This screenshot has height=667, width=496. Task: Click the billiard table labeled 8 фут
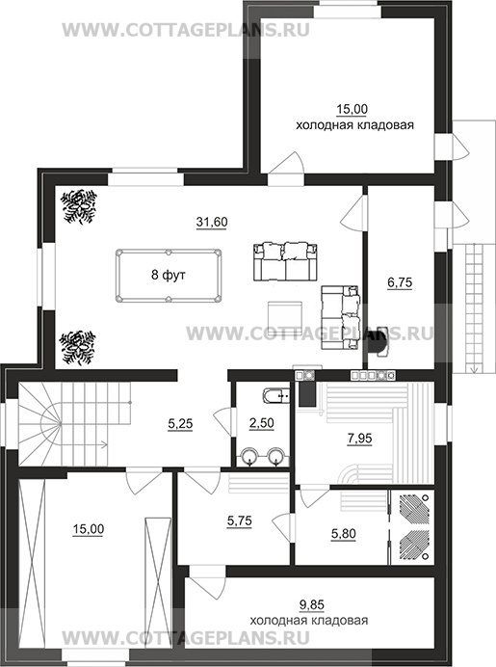(169, 276)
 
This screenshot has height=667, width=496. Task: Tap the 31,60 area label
(212, 222)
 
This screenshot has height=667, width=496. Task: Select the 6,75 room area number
(400, 282)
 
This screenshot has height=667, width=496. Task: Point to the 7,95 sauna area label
(359, 438)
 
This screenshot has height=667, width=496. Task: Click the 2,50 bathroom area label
(261, 423)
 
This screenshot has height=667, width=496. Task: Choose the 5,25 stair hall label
(180, 424)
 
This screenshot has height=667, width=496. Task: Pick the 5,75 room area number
(239, 520)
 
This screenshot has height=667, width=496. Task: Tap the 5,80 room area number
(344, 533)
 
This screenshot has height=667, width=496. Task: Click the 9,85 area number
(311, 604)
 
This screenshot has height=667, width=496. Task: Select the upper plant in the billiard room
(79, 206)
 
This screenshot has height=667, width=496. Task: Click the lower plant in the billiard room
(78, 348)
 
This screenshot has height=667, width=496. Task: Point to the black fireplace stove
(378, 342)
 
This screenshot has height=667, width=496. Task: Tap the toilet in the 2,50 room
(276, 396)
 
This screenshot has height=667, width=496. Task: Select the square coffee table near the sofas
(285, 316)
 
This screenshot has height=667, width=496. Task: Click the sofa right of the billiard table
(286, 261)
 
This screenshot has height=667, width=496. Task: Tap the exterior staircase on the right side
(474, 309)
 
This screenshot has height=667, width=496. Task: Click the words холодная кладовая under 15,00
(354, 125)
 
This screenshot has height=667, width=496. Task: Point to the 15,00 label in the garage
(88, 529)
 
